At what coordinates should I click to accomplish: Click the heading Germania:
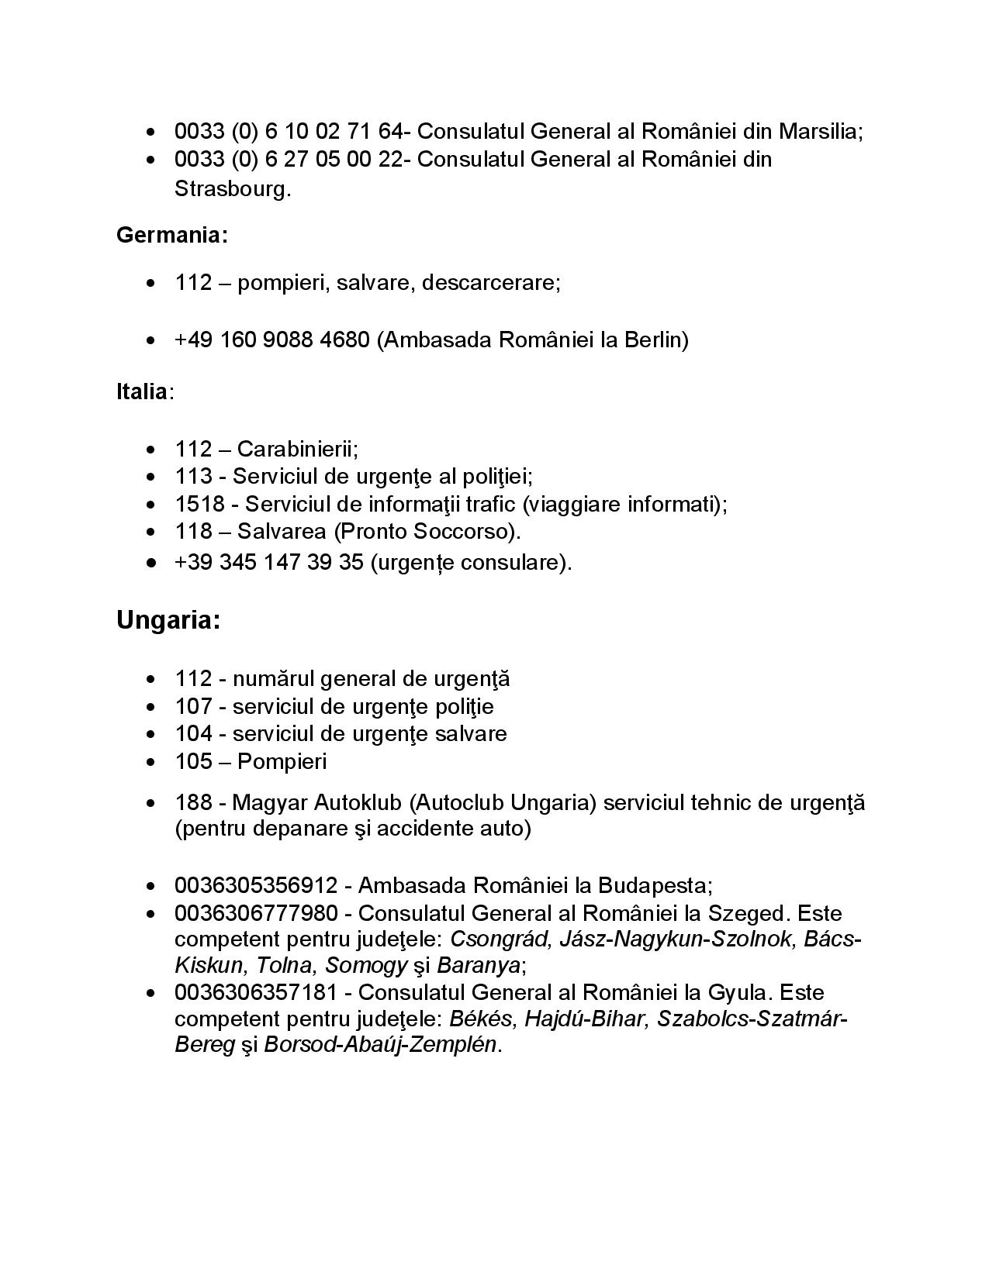click(172, 236)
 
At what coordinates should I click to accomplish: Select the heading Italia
click(141, 391)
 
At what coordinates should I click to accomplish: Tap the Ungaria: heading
click(168, 620)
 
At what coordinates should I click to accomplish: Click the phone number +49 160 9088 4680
click(272, 340)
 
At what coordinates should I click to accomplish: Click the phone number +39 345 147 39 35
click(269, 562)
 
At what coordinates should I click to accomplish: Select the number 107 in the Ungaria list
click(193, 706)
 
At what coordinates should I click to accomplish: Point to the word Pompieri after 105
click(282, 761)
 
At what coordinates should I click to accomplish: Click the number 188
click(193, 802)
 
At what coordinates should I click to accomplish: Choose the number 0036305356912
click(256, 885)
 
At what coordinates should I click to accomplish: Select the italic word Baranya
click(478, 966)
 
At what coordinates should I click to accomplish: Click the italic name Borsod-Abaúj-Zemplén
click(380, 1045)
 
